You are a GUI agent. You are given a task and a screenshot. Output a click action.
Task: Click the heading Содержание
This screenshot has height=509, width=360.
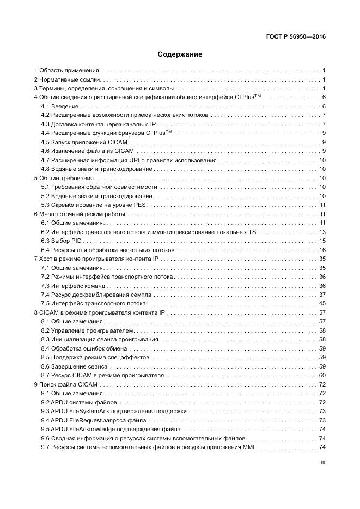point(180,54)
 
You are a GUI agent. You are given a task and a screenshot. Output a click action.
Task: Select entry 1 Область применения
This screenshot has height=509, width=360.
point(67,71)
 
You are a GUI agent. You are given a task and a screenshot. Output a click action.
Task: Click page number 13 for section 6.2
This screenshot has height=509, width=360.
point(322,232)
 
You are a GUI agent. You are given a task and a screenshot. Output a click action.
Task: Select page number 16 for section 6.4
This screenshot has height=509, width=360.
point(322,250)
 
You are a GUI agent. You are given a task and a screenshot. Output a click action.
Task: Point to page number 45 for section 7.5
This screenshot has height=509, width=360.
point(322,304)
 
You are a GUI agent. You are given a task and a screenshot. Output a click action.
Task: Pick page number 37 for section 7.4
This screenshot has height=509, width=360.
point(322,295)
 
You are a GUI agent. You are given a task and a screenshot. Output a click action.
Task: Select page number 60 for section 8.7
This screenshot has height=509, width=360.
point(322,376)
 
